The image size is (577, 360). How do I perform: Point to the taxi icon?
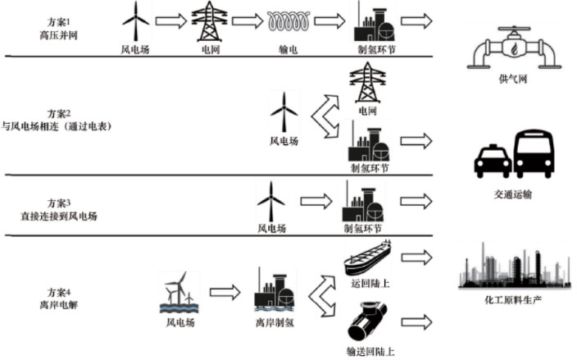point(493,160)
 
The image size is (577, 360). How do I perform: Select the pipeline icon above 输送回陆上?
point(368,322)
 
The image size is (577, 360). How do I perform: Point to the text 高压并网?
point(56,36)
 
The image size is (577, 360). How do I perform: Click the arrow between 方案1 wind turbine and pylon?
point(171,20)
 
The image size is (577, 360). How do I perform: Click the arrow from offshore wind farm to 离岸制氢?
point(225,290)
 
